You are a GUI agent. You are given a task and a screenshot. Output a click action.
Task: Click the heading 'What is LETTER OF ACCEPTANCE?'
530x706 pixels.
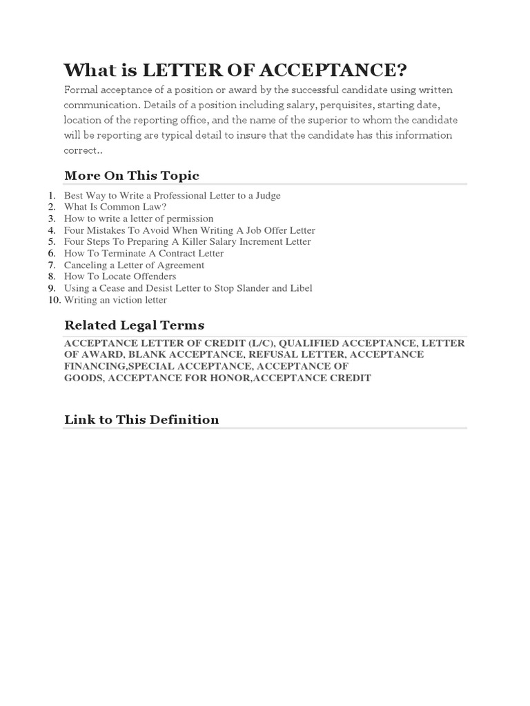click(x=235, y=70)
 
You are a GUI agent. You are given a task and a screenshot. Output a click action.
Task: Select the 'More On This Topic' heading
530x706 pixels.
click(x=132, y=175)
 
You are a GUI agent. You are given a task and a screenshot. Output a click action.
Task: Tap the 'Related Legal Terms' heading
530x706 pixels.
click(x=134, y=325)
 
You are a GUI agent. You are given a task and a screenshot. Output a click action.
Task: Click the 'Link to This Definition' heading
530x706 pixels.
click(x=141, y=419)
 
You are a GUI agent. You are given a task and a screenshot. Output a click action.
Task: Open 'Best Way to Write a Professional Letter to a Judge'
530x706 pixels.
click(x=172, y=195)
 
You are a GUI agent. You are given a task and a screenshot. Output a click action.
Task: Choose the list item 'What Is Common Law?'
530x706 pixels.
click(x=115, y=207)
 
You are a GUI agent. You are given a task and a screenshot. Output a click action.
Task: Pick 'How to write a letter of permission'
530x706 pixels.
click(x=139, y=219)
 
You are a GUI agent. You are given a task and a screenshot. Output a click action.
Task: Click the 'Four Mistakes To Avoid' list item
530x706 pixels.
click(x=189, y=230)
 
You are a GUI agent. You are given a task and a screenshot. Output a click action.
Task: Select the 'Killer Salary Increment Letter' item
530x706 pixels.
click(x=187, y=242)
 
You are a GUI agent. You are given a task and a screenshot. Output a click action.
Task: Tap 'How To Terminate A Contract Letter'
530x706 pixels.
click(x=144, y=253)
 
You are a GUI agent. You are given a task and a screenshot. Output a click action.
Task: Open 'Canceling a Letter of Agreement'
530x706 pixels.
click(x=134, y=265)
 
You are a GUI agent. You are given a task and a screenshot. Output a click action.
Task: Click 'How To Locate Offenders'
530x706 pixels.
click(x=120, y=276)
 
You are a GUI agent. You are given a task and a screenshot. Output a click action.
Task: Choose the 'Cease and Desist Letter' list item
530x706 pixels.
click(x=188, y=288)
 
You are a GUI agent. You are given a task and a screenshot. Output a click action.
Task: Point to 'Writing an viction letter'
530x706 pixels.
click(x=115, y=300)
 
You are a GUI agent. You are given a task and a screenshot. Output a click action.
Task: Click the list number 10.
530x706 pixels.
click(x=54, y=300)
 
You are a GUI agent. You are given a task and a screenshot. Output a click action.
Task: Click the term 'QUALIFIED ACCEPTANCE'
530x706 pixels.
click(x=347, y=343)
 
